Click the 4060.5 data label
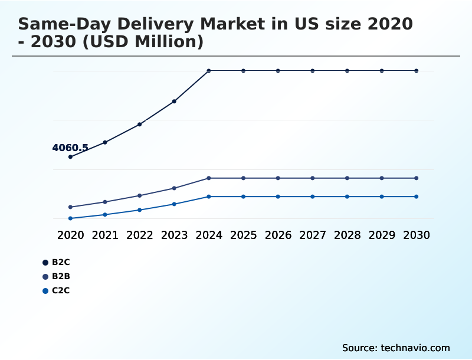[70, 148]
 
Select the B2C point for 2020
[70, 157]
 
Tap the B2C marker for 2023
[174, 102]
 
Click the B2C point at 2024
[209, 71]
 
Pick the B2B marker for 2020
[70, 207]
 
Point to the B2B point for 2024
[209, 178]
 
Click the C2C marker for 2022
[140, 210]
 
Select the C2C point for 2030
[417, 197]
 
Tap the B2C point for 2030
[417, 71]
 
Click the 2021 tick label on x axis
[105, 235]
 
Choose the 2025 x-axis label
[243, 235]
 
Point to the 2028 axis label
[347, 235]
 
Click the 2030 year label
[417, 235]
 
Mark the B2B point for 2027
[313, 178]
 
